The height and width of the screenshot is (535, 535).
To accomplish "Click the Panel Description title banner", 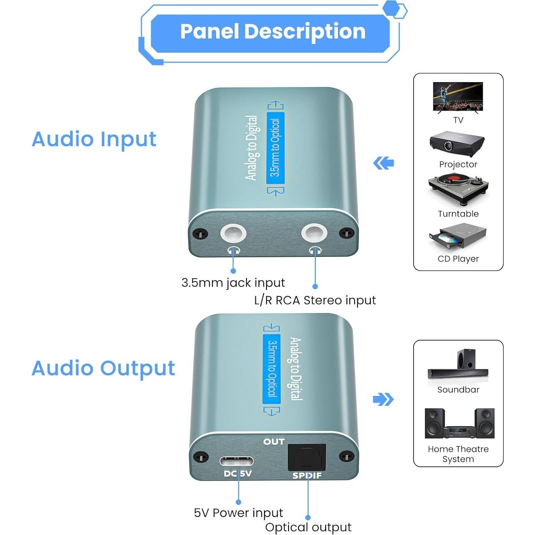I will tap(272, 32).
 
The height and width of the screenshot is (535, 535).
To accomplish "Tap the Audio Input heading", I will tap(94, 139).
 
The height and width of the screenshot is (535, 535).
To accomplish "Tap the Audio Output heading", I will tap(103, 368).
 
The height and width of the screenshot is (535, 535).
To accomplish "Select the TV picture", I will tap(458, 97).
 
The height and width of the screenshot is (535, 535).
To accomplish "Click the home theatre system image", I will tap(459, 423).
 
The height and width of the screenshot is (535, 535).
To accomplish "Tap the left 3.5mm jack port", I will tap(233, 233).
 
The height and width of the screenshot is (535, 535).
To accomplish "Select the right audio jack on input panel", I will tap(314, 233).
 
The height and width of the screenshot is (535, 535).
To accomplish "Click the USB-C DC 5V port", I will tap(236, 461).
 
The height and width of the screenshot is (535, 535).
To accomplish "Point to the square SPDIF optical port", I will tap(307, 457).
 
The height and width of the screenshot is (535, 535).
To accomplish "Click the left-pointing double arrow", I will tap(383, 163).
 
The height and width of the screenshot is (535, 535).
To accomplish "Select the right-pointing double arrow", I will tap(383, 399).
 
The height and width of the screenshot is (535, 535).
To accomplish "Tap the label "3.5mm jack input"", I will tap(233, 283).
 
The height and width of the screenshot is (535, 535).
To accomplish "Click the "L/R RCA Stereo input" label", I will tap(315, 301).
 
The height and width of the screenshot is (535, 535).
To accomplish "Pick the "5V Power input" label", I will tap(238, 513).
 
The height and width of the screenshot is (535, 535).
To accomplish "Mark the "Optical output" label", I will tap(308, 527).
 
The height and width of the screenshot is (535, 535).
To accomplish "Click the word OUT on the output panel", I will tap(274, 442).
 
